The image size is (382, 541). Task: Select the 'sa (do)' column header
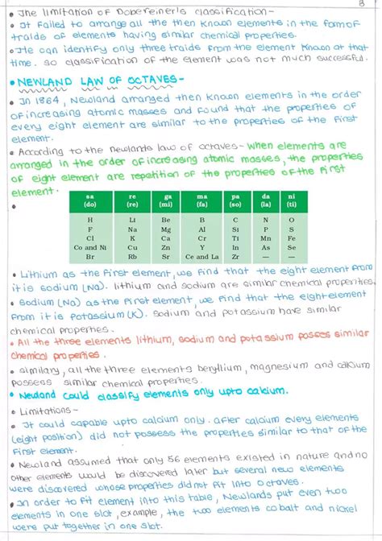point(89,199)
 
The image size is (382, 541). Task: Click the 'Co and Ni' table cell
point(89,247)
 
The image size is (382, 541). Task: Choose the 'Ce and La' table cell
point(201,257)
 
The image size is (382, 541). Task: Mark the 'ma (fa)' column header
point(201,199)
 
